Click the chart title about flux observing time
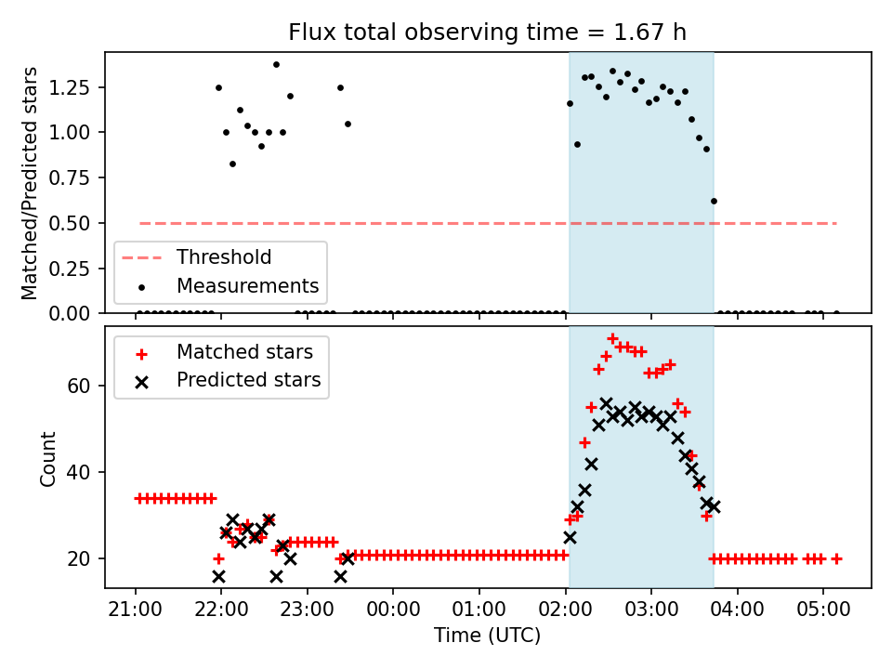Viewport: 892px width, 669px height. coord(487,33)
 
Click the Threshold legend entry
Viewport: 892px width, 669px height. coord(197,257)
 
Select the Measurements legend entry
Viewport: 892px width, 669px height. coord(229,285)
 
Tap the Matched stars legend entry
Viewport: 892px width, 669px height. coord(224,352)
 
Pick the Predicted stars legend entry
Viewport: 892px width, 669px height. coord(229,380)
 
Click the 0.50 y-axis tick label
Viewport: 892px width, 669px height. coord(70,224)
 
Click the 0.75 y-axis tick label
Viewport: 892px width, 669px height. coord(70,178)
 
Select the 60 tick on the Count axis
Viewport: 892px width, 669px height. coord(79,387)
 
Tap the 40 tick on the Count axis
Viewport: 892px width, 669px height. coord(79,472)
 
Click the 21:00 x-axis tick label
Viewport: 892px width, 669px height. coord(136,610)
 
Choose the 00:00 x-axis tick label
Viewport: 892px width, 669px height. coord(393,610)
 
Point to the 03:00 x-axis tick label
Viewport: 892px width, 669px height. coord(651,610)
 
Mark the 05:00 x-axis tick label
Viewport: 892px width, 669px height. coord(823,610)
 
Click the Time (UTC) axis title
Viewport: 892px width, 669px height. coord(488,635)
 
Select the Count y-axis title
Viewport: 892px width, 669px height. coord(47,459)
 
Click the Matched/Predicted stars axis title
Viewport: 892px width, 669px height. coord(29,183)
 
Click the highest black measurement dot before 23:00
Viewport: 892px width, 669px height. coord(277,65)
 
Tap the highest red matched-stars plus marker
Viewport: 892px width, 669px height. coord(612,339)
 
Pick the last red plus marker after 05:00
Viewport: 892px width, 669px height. coord(836,559)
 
